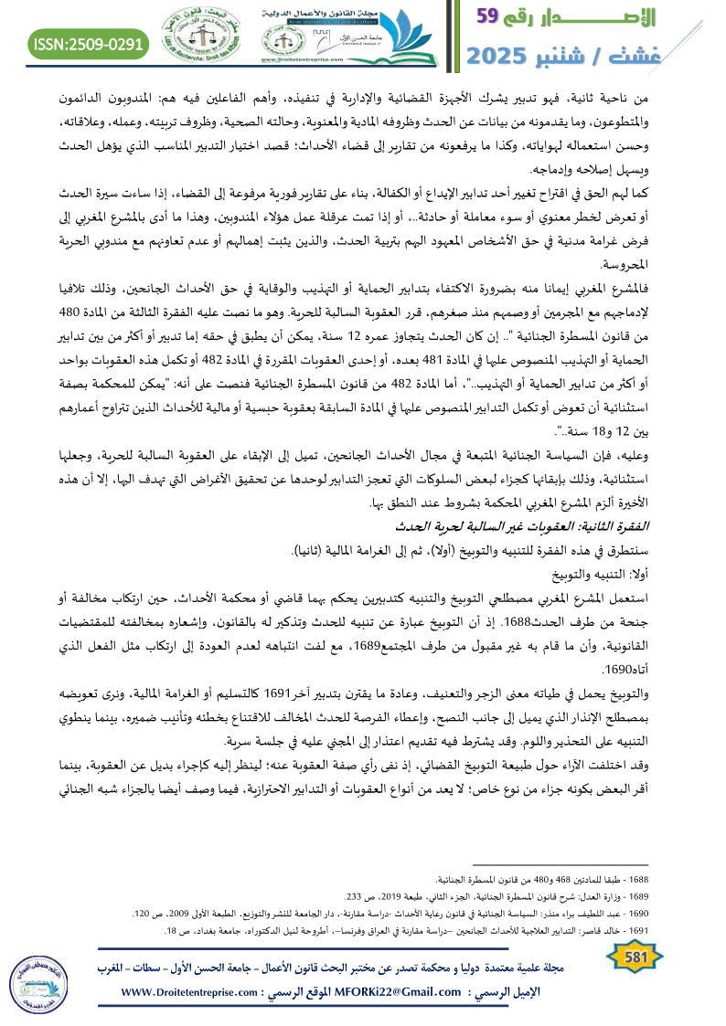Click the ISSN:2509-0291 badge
pos(89,43)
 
